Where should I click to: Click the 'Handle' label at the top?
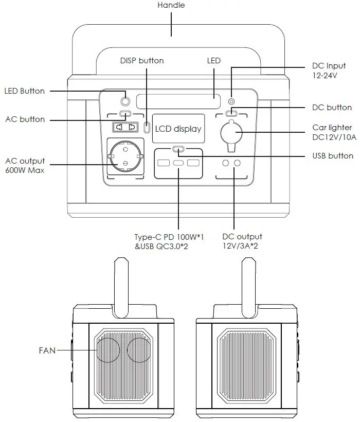tap(171, 5)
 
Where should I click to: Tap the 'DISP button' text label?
tap(142, 61)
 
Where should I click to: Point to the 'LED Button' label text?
tap(25, 91)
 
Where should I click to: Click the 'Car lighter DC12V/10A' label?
tap(332, 132)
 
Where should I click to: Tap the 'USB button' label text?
tap(333, 155)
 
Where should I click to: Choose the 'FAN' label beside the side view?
tap(47, 350)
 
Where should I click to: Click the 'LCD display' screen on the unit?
tap(178, 129)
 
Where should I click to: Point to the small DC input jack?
tap(232, 101)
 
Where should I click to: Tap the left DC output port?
tap(225, 164)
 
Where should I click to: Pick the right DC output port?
tap(238, 164)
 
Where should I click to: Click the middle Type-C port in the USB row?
tap(178, 164)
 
